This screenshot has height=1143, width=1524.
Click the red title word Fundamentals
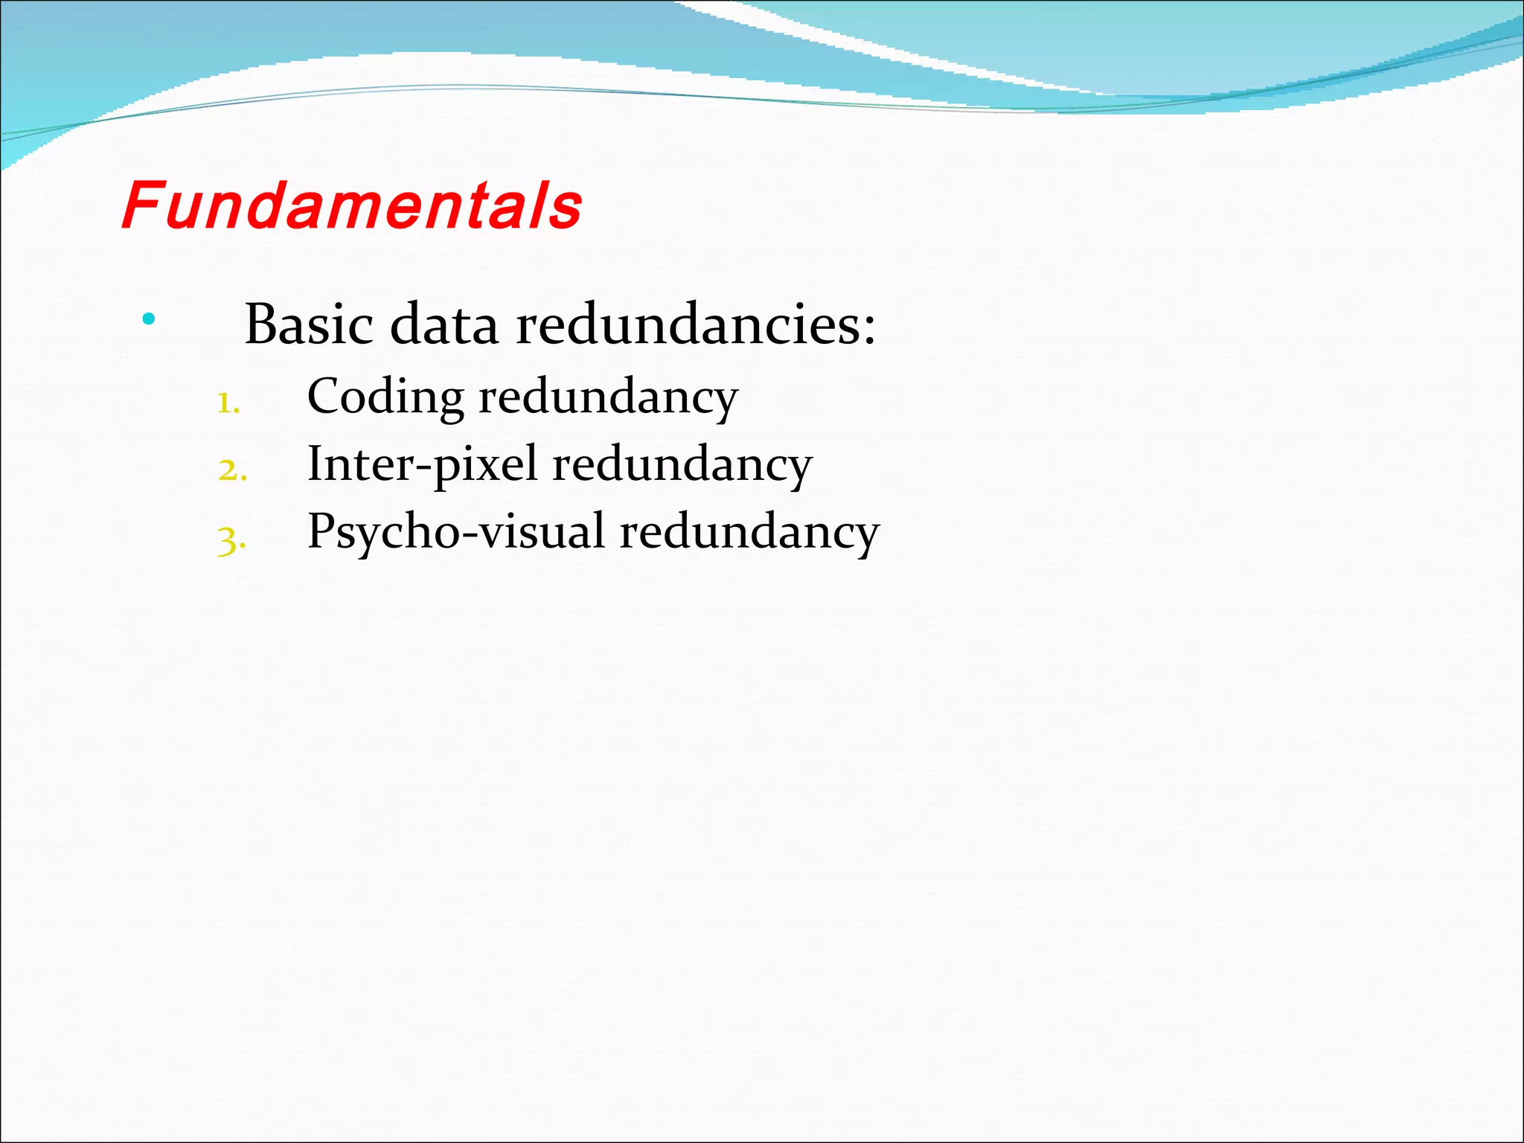coord(351,205)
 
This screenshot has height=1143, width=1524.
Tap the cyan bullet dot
coord(149,319)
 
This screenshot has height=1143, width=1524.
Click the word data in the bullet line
coord(444,324)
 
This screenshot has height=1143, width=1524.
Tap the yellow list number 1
coord(227,404)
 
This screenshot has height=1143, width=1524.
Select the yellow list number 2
coord(231,471)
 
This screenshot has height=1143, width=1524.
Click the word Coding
coord(385,397)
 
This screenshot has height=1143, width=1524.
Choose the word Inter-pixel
coord(422,465)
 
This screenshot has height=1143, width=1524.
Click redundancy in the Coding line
coord(608,397)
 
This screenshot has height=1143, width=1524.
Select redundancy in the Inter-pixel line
coord(682,465)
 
